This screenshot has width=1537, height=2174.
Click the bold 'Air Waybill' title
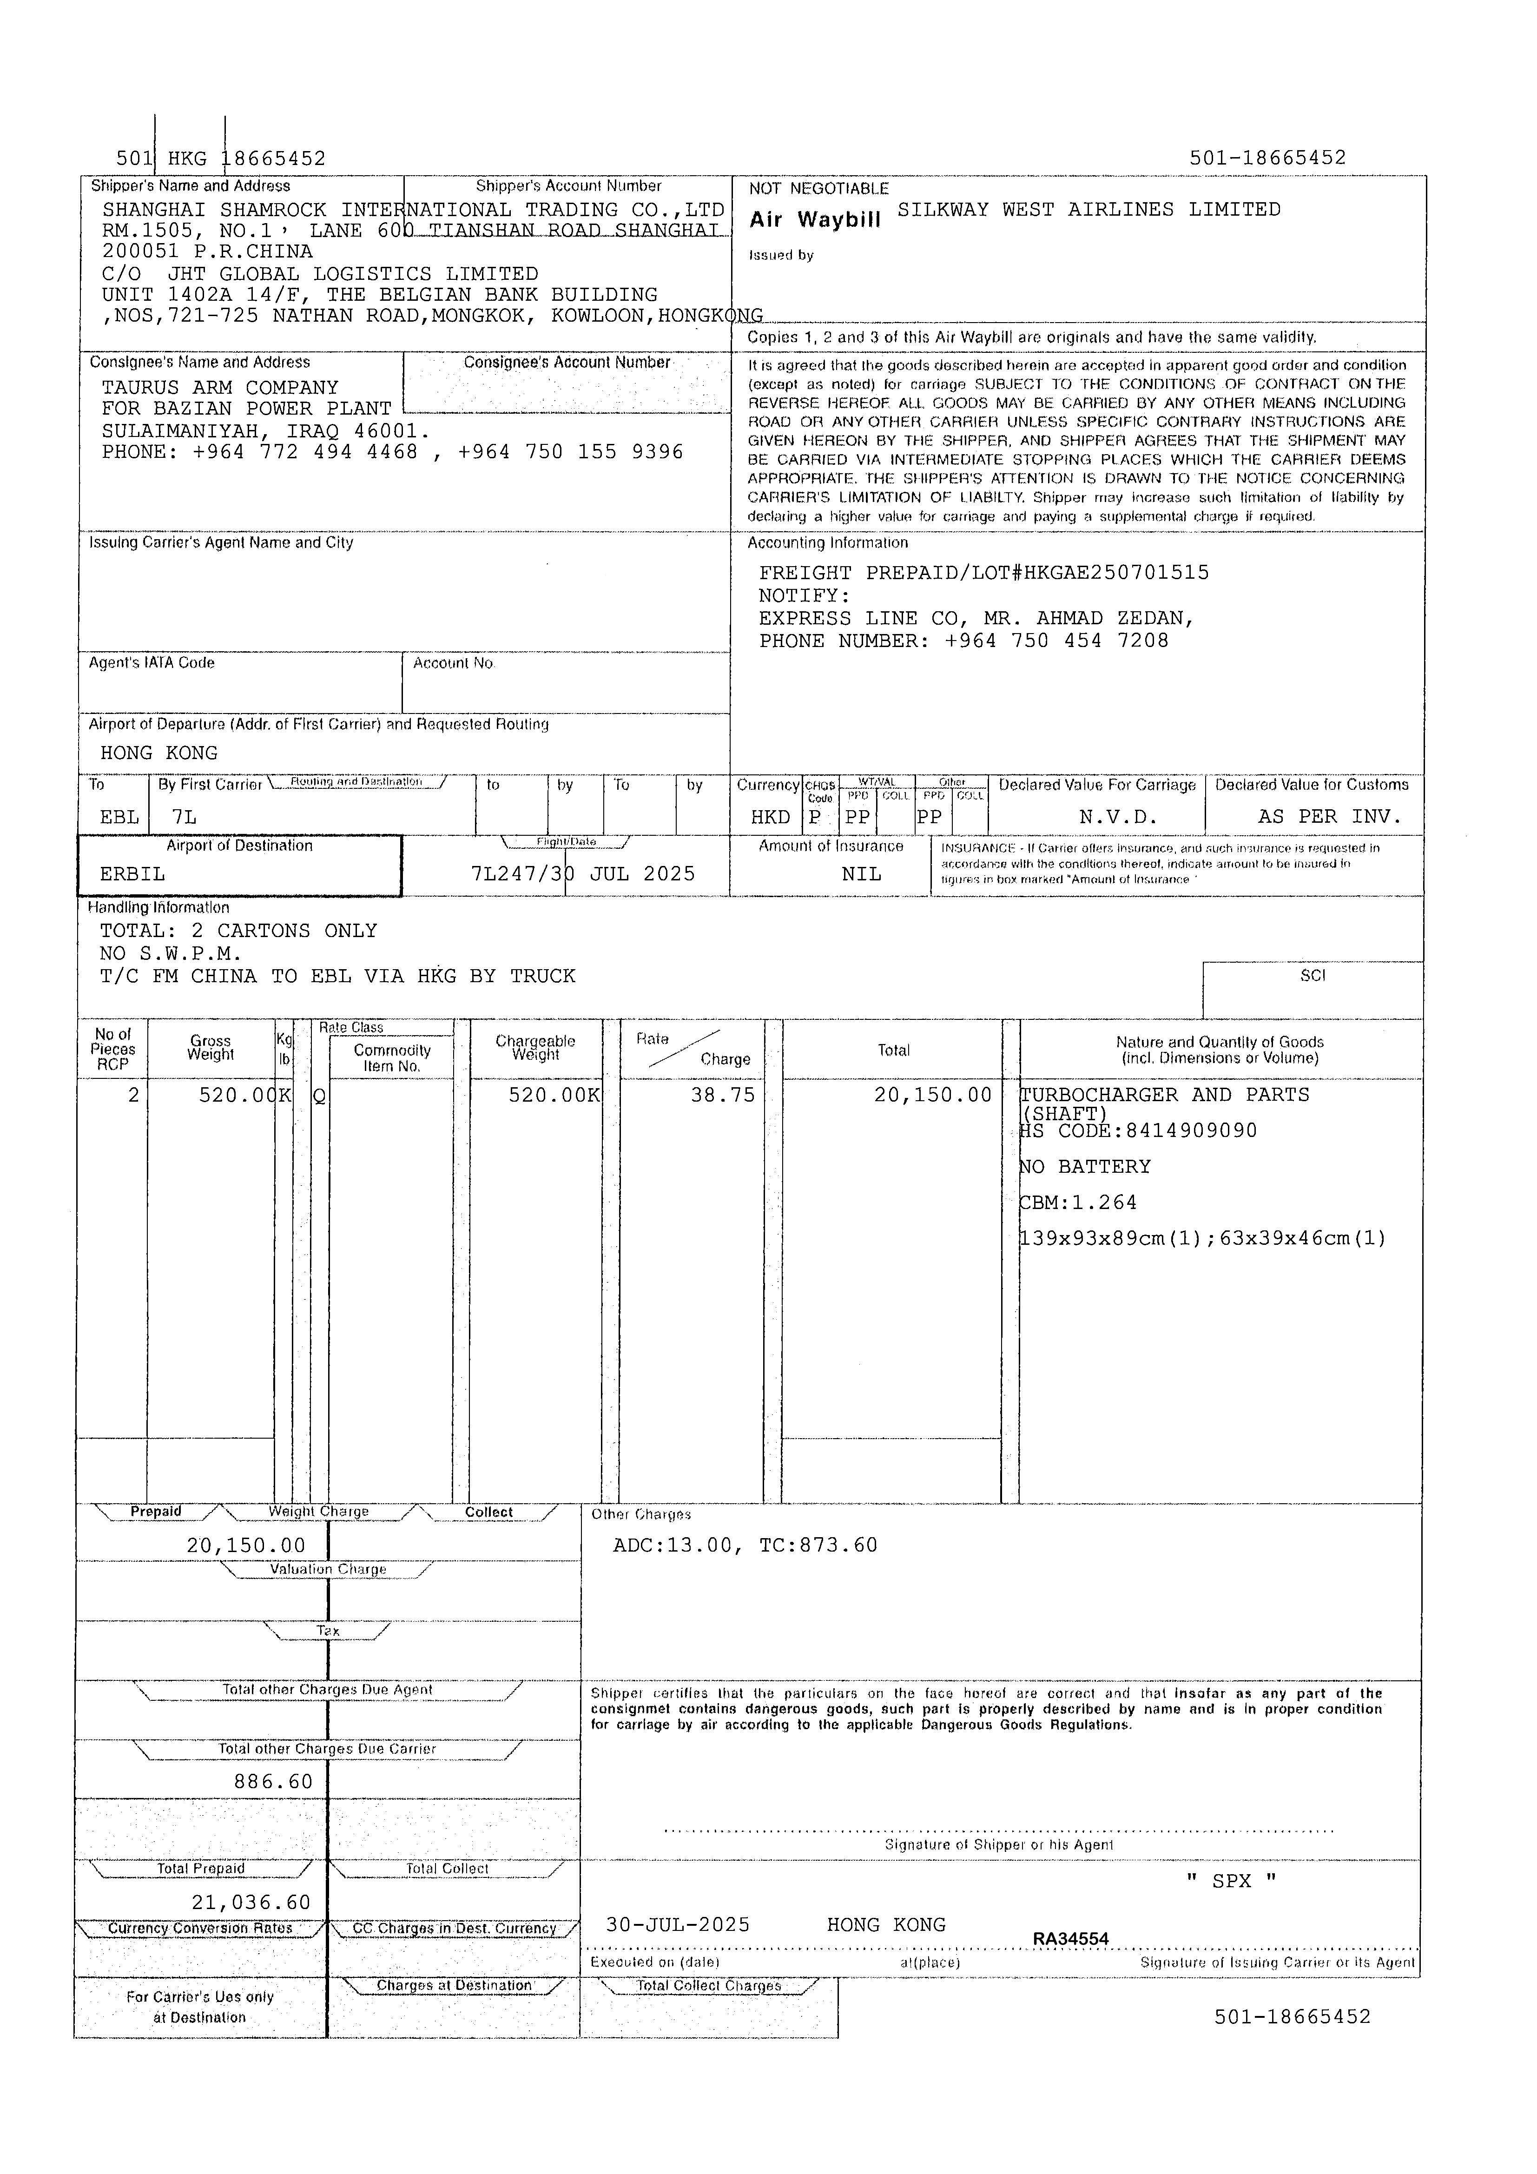[x=814, y=220]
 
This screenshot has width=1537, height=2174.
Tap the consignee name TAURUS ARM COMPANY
[x=220, y=387]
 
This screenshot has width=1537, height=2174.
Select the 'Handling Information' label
[x=158, y=907]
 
